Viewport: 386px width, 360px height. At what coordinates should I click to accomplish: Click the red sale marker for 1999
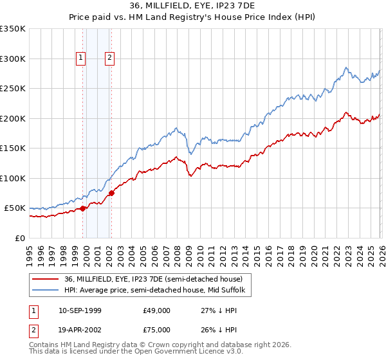[82, 208]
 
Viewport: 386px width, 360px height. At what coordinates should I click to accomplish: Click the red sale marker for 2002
[112, 192]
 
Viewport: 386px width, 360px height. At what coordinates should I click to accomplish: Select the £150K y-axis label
[13, 148]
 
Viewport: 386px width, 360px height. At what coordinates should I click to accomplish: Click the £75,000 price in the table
[157, 331]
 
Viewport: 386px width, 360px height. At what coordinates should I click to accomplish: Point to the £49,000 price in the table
[157, 310]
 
